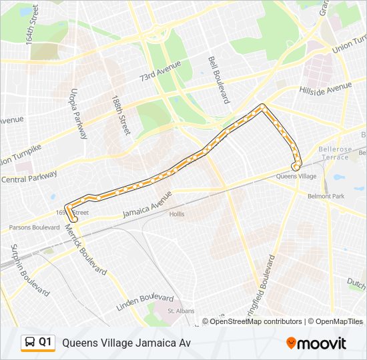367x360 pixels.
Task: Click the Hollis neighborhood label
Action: pos(177,214)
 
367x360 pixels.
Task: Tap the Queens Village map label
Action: pos(296,177)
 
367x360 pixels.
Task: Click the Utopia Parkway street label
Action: pos(79,113)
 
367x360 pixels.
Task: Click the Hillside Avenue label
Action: pos(326,88)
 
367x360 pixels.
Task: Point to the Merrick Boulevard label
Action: pos(85,249)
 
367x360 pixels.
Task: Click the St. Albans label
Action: pos(180,311)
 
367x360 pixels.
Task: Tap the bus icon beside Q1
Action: pos(30,343)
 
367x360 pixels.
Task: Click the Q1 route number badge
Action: pos(45,342)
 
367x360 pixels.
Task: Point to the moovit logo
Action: pos(316,343)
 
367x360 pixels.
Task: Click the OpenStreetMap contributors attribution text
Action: pos(256,321)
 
